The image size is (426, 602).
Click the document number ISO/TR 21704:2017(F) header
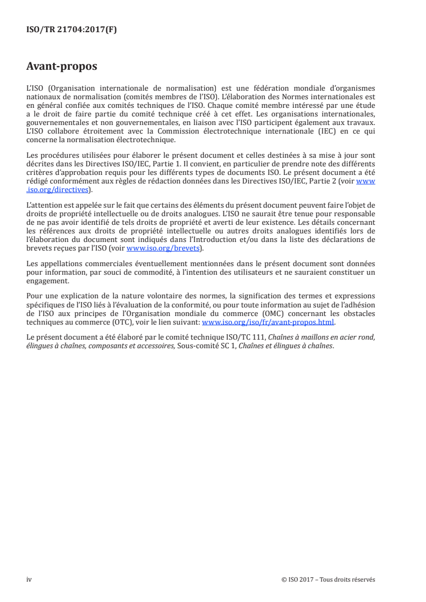(71, 30)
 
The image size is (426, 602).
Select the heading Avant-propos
(62, 67)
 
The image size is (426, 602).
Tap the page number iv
(29, 579)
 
